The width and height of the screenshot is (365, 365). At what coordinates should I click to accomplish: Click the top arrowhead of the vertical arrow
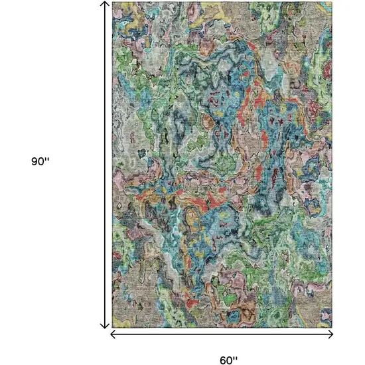[104, 5]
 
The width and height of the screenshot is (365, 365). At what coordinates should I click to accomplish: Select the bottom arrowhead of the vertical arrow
[104, 325]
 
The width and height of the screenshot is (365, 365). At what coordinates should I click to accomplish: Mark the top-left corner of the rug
[112, 2]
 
